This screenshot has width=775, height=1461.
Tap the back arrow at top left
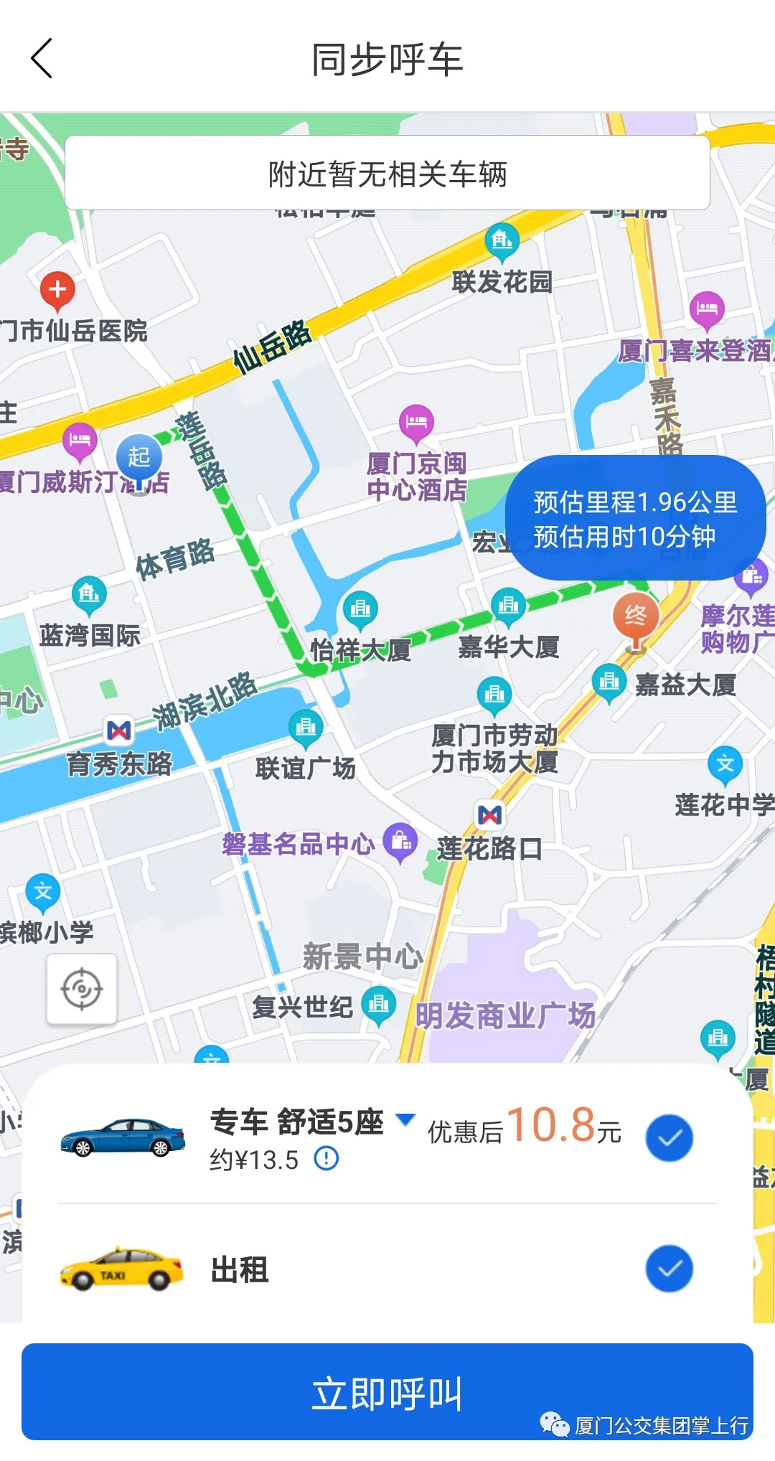[42, 59]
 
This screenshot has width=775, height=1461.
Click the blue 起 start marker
[138, 457]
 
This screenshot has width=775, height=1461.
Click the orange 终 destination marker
[635, 616]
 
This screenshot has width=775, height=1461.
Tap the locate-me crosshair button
[82, 989]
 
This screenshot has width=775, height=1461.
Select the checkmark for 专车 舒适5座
[669, 1137]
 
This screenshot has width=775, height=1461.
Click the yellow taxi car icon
[121, 1269]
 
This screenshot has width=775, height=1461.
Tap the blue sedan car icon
[123, 1137]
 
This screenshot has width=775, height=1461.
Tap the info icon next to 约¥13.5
[327, 1158]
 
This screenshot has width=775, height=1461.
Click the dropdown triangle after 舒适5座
[405, 1119]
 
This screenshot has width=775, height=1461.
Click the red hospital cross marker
[57, 290]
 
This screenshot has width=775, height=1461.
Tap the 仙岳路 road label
[273, 346]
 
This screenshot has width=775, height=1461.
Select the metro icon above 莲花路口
[490, 814]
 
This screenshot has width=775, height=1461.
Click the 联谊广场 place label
[306, 768]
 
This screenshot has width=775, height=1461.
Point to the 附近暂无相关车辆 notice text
[387, 174]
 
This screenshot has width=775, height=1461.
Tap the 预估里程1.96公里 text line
[635, 502]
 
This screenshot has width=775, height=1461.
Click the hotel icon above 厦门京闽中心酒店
[416, 421]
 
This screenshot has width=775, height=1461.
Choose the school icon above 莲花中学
[725, 764]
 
